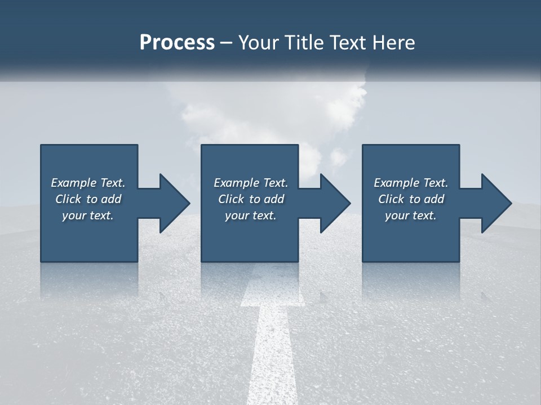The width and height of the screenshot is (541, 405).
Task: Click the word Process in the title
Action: (x=177, y=43)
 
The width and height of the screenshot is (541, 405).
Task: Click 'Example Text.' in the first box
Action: (x=88, y=183)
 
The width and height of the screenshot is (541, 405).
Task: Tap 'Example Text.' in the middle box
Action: (x=251, y=183)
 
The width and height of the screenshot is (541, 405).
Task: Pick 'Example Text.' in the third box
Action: (x=411, y=183)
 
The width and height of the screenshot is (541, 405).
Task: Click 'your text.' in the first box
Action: (x=88, y=215)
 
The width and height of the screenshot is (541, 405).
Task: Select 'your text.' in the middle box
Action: (x=251, y=215)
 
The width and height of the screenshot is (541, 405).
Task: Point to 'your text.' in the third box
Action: (x=411, y=215)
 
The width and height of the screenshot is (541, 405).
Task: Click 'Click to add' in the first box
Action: (x=88, y=199)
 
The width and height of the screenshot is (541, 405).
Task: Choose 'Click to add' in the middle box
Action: (x=251, y=199)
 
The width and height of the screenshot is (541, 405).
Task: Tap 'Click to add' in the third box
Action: (x=411, y=199)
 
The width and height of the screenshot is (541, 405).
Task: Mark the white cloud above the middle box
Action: (x=270, y=112)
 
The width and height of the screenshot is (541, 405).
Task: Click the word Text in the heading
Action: (x=350, y=43)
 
